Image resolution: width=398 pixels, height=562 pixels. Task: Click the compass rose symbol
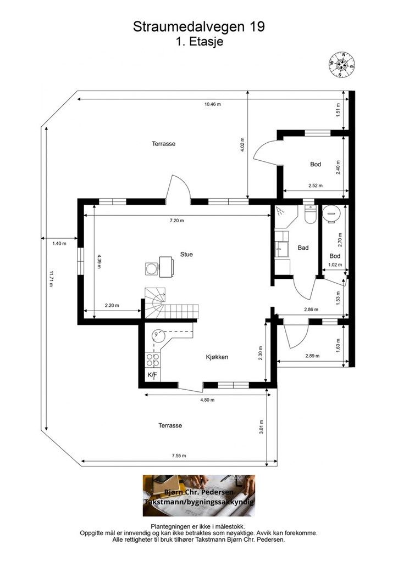(x=342, y=65)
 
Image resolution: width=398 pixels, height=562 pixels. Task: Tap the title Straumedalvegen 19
(x=199, y=27)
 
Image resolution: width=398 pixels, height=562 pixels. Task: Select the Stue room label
(x=186, y=255)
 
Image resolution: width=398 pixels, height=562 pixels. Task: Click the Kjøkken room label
(x=217, y=357)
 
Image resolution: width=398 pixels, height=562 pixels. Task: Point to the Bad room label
(x=303, y=248)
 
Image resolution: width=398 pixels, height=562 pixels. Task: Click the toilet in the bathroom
(x=309, y=215)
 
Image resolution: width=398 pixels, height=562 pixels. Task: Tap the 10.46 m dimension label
(x=212, y=104)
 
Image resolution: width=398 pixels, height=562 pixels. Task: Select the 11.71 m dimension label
(x=51, y=279)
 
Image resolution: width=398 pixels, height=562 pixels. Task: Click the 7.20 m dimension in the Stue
(x=176, y=221)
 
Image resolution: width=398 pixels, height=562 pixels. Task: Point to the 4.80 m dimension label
(x=207, y=400)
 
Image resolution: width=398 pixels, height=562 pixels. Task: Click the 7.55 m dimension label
(x=179, y=456)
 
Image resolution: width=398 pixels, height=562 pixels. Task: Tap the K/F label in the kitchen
(x=152, y=375)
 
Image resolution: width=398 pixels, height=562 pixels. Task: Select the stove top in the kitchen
(x=152, y=360)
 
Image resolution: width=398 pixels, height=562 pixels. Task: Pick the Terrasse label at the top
(x=163, y=144)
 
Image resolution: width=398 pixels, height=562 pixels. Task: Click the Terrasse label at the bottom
(x=170, y=425)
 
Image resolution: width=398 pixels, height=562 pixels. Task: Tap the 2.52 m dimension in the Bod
(x=316, y=186)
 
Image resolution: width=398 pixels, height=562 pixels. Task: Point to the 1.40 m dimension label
(x=59, y=243)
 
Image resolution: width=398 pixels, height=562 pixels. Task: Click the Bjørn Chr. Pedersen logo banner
(x=199, y=496)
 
